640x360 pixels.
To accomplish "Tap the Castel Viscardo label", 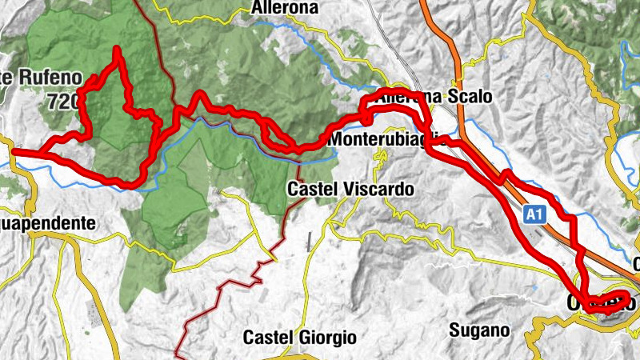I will click(x=351, y=190).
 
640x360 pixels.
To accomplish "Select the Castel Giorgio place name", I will click(x=300, y=337).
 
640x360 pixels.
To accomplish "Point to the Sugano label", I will click(x=479, y=330).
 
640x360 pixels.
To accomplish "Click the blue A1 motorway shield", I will click(x=535, y=214).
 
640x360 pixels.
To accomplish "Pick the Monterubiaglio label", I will click(x=390, y=140).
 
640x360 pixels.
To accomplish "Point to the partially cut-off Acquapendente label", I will click(x=48, y=224).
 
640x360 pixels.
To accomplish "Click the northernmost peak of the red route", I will click(x=118, y=50).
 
